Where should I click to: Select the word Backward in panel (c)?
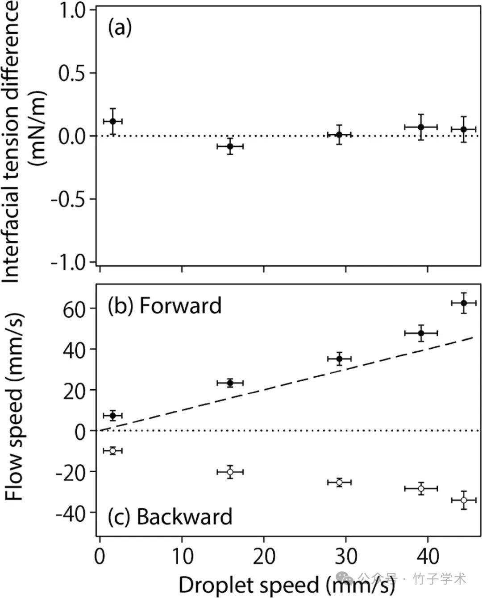pyautogui.click(x=184, y=516)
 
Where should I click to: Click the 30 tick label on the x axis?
pyautogui.click(x=346, y=556)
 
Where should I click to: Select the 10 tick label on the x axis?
pyautogui.click(x=182, y=556)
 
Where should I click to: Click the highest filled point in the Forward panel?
pyautogui.click(x=464, y=303)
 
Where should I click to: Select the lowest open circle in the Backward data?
pyautogui.click(x=464, y=500)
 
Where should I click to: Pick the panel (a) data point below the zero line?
pyautogui.click(x=230, y=146)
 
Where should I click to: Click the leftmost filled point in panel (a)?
pyautogui.click(x=112, y=121)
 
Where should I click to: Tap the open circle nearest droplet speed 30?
pyautogui.click(x=339, y=482)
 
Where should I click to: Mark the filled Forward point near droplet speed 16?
pyautogui.click(x=230, y=383)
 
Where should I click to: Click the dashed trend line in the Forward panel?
pyautogui.click(x=286, y=384)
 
